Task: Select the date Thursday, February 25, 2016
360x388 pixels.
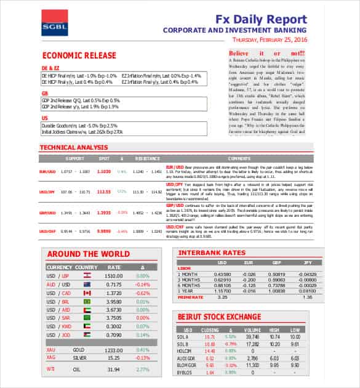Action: coord(269,39)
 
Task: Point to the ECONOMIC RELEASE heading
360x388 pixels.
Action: coord(79,55)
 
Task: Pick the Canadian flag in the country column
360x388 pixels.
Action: coord(87,293)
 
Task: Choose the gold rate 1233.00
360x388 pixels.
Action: coord(113,349)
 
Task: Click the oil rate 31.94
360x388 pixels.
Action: coord(113,370)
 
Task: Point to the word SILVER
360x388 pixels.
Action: coord(79,358)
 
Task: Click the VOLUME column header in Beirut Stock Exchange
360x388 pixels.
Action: coord(252,331)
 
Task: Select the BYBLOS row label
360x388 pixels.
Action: coord(186,373)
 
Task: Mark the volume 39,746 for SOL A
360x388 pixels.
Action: coord(252,337)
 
